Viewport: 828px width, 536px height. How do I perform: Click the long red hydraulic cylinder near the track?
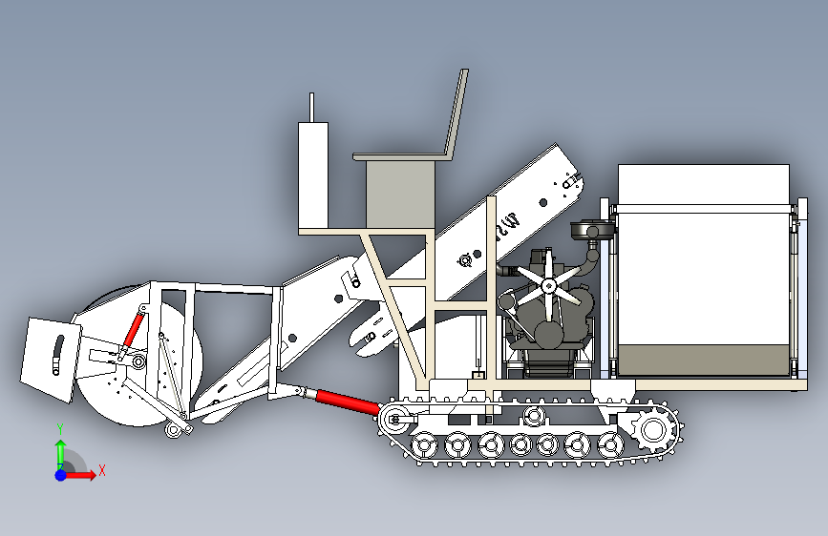348,402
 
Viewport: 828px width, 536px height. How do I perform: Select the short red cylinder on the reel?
134,330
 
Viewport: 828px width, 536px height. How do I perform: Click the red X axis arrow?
79,475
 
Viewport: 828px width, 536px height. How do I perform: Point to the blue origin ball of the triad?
61,475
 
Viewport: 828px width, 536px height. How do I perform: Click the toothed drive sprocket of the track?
654,430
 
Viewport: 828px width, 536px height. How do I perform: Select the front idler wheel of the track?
394,420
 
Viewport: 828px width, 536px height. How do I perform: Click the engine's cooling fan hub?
548,286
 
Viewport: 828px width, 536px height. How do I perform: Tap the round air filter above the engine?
592,230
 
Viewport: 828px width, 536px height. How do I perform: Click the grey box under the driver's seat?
400,195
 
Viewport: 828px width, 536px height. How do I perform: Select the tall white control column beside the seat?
313,175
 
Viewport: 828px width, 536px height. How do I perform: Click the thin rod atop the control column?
311,108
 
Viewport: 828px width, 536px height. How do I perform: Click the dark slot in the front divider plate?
57,354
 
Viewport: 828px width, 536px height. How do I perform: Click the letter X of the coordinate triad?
102,470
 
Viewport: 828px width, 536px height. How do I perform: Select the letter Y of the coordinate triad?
60,429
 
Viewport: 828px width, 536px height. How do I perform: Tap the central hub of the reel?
138,361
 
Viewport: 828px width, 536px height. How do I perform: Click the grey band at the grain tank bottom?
704,361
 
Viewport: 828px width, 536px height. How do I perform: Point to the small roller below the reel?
173,430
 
